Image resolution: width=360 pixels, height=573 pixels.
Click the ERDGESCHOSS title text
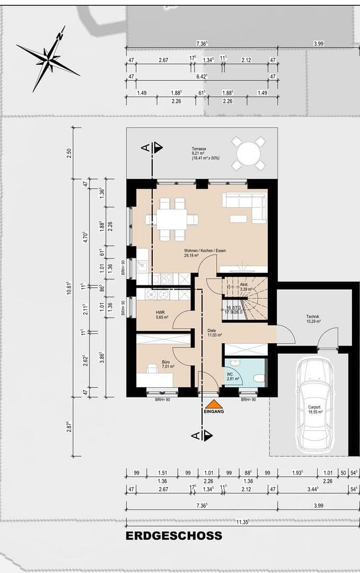click(174, 536)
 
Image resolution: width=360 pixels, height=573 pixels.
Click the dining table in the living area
click(172, 219)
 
